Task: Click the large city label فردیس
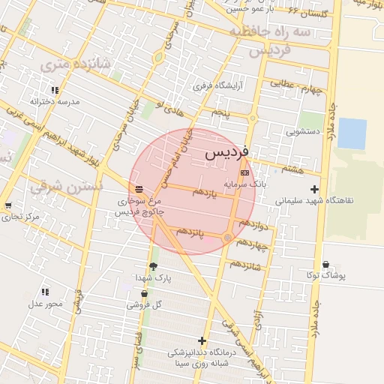[x=230, y=154]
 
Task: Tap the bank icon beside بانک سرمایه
[x=244, y=172]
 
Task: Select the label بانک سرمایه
[x=245, y=183]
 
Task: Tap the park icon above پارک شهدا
[x=154, y=266]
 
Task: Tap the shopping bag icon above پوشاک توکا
[x=325, y=264]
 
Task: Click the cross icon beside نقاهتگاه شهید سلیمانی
[x=314, y=189]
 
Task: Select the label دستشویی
[x=303, y=130]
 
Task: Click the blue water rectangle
[x=352, y=133]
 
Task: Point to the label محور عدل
[x=45, y=303]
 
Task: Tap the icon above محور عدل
[x=45, y=292]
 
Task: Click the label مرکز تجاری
[x=20, y=217]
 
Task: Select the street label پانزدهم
[x=188, y=232]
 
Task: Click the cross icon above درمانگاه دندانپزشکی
[x=202, y=340]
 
